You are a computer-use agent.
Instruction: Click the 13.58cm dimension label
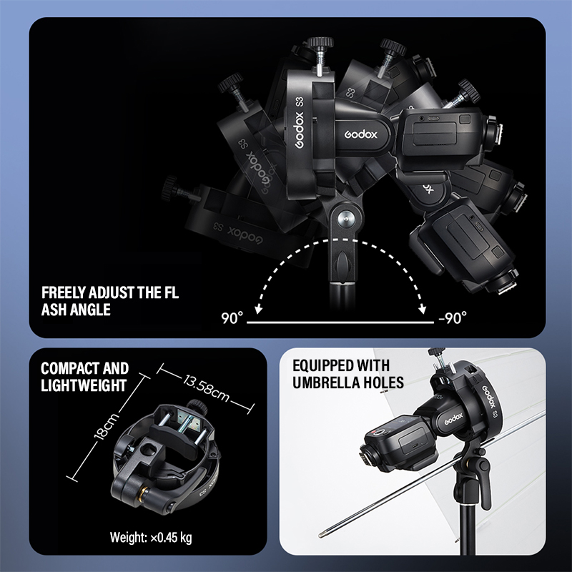pos(206,388)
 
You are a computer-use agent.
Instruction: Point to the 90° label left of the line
pos(232,318)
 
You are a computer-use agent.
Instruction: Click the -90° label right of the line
pos(453,317)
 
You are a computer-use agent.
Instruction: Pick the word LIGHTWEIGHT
pos(84,385)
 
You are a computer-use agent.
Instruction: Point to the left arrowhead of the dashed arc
pos(258,310)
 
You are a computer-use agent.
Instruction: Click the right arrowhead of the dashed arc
pos(423,310)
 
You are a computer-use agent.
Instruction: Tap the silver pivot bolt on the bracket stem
pos(343,219)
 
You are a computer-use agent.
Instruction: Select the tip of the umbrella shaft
pos(321,535)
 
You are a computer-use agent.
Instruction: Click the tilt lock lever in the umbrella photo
pos(484,482)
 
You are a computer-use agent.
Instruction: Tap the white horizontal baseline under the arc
pos(340,322)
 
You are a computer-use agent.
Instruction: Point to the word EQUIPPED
pos(319,365)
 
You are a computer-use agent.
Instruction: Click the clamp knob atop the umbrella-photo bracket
pos(435,352)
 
